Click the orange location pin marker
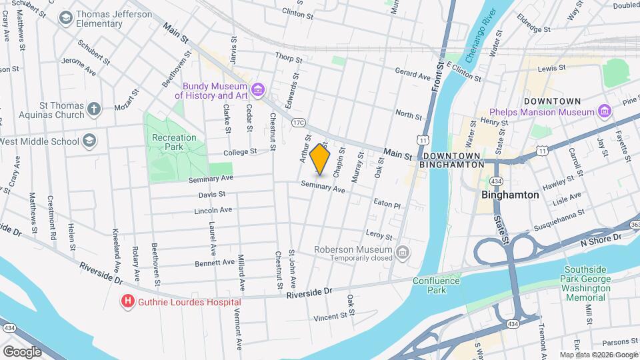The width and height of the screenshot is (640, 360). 320,159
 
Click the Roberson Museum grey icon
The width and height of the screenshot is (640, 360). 402,253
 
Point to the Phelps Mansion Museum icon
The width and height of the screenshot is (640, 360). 605,111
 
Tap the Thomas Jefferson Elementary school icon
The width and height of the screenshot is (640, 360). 66,18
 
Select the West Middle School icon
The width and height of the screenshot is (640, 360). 89,141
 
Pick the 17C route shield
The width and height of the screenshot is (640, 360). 298,122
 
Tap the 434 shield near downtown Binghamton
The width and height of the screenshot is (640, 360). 496,181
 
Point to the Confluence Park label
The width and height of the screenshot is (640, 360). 437,285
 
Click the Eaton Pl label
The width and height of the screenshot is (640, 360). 387,205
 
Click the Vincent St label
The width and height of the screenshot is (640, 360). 327,317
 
